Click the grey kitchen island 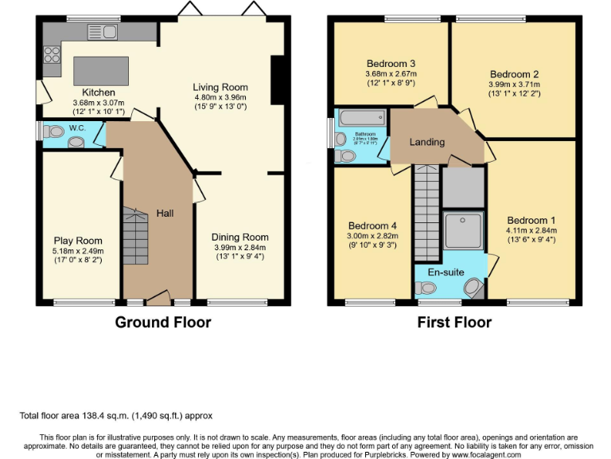[101, 70]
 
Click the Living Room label [220, 87]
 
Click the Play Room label [78, 241]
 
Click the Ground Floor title [163, 322]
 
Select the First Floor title [453, 322]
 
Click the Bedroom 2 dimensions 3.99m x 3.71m [514, 84]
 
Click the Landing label [426, 142]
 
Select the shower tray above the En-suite [463, 229]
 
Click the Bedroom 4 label [372, 226]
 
